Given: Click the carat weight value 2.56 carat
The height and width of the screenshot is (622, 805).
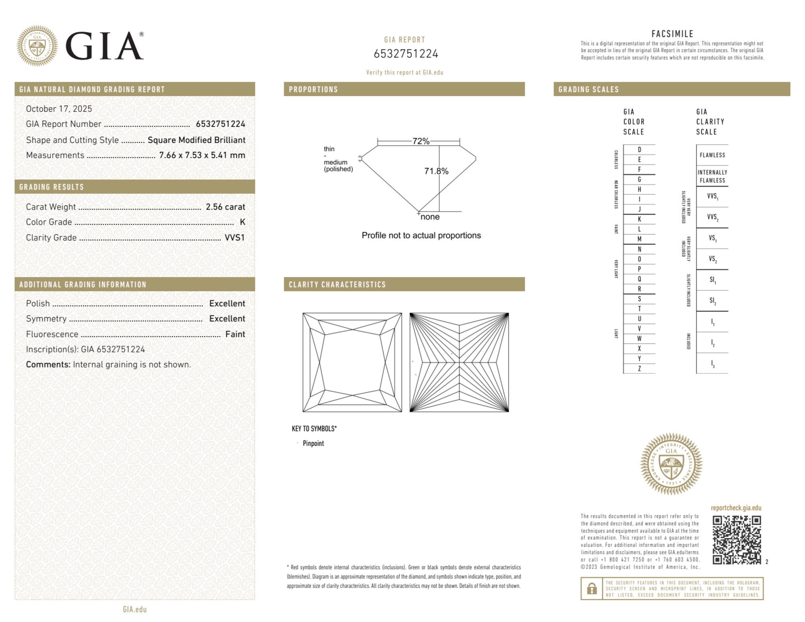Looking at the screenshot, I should (225, 207).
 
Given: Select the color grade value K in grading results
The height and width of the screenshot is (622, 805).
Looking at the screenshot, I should (242, 222).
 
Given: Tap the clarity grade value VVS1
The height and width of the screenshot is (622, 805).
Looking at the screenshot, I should (235, 237).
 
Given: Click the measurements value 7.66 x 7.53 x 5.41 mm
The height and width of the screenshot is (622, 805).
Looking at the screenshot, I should (202, 155).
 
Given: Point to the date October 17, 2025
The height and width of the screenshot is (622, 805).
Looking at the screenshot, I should (59, 109).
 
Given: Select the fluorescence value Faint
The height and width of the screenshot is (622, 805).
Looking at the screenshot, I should (235, 334).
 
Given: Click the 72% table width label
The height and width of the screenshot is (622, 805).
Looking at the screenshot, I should (421, 141).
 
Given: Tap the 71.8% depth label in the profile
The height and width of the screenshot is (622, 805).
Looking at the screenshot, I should (436, 171).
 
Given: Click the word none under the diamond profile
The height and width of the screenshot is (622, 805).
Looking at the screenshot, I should (430, 217).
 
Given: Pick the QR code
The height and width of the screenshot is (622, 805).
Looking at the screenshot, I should (736, 540).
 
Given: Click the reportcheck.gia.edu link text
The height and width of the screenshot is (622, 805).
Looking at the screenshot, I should (736, 508).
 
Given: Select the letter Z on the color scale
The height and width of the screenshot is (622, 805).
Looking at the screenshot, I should (639, 369).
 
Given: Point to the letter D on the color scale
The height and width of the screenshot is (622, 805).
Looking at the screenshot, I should (639, 150).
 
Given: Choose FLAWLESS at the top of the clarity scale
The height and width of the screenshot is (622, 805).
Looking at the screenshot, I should (712, 155).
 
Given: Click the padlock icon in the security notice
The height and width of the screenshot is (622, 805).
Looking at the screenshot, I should (591, 589).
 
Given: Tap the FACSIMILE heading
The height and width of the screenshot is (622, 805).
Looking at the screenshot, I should (672, 34).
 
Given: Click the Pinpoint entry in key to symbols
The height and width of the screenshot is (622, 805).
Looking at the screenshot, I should (313, 443).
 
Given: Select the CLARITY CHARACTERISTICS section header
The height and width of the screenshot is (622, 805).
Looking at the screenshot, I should (337, 284).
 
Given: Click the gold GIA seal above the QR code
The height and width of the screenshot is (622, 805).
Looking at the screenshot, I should (671, 464).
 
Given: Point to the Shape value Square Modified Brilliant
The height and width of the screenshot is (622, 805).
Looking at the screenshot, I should (196, 140).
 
